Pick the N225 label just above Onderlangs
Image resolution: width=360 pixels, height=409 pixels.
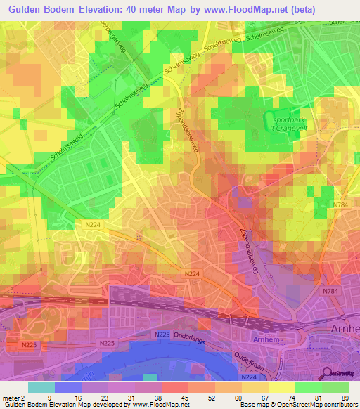click(x=162, y=335)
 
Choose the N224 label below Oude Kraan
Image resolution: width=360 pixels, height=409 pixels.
click(x=248, y=377)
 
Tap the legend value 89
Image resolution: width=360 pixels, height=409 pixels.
click(x=344, y=398)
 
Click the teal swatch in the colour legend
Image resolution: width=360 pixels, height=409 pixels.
click(x=41, y=387)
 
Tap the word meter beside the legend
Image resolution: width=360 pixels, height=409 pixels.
click(x=10, y=398)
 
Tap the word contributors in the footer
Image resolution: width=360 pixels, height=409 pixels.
click(x=337, y=405)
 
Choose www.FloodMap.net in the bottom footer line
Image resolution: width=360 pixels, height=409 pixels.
click(x=161, y=405)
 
